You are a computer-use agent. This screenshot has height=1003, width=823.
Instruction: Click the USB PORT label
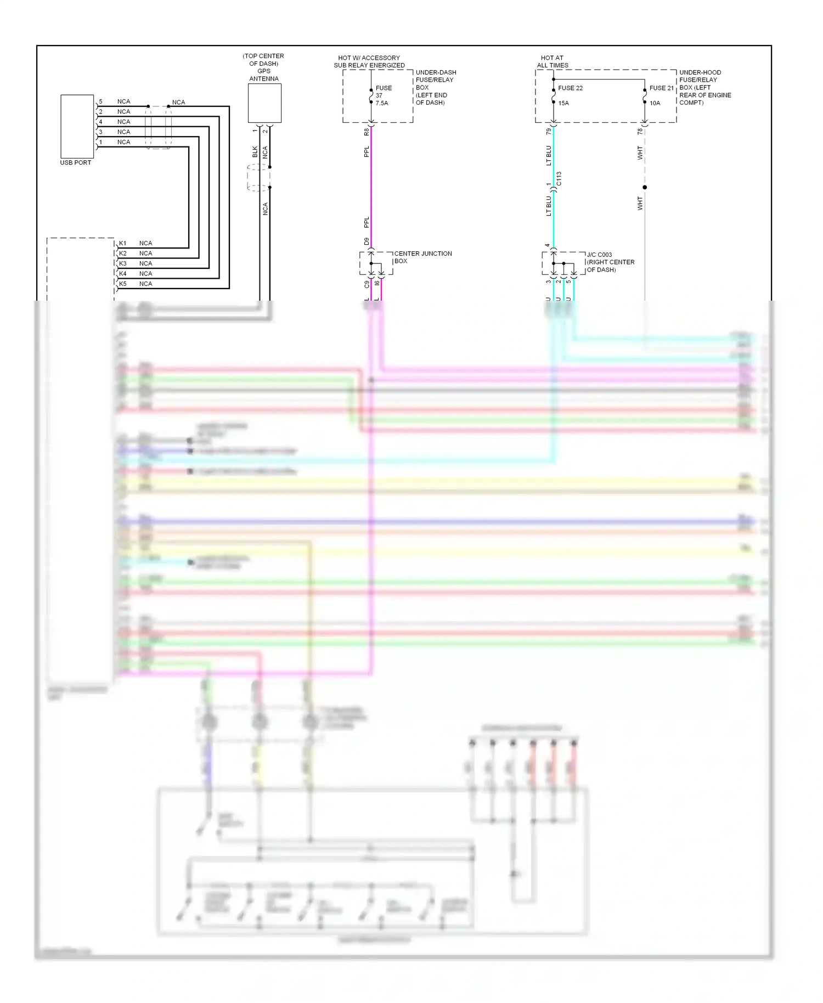pos(76,162)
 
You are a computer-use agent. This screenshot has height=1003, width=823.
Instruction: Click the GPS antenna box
pos(264,103)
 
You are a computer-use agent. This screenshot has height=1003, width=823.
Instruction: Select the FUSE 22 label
pos(570,88)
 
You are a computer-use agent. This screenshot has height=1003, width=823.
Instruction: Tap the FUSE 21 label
pos(661,88)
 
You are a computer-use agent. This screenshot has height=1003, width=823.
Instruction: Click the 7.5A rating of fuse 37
pos(382,103)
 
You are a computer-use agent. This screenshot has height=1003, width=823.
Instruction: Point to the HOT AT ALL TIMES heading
pos(552,61)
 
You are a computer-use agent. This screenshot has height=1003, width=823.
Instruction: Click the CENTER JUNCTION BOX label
pos(422,257)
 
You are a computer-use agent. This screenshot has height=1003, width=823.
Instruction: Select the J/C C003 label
pos(599,255)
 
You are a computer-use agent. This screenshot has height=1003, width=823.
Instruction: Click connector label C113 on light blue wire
pos(559,179)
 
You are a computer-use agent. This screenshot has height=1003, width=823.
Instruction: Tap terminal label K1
pos(123,243)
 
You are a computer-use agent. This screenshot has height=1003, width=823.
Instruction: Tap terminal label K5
pos(123,284)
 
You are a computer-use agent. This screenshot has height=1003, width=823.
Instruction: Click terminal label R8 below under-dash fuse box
pos(367,132)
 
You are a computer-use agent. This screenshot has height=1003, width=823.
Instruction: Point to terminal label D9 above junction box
pos(367,241)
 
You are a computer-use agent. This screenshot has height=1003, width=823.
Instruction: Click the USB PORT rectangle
pos(77,126)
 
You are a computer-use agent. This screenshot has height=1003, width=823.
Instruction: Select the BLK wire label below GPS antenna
pos(255,151)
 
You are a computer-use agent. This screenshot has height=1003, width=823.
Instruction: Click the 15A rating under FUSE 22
pos(563,103)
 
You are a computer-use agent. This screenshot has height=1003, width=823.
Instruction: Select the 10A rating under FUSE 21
pos(655,103)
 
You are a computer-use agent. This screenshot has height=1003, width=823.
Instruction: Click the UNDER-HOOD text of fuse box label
pos(700,72)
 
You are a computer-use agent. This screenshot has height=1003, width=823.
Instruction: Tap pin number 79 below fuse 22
pos(549,132)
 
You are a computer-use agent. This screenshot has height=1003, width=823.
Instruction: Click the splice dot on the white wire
pos(645,187)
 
